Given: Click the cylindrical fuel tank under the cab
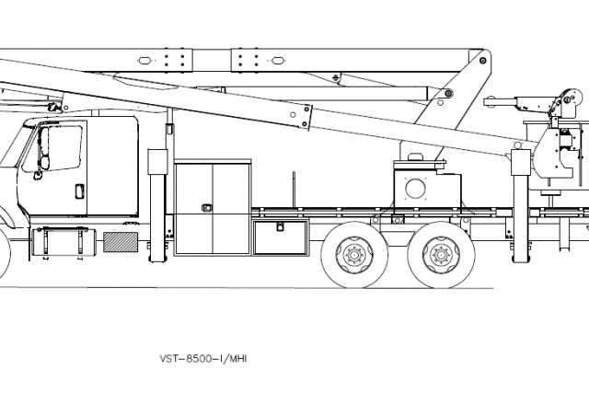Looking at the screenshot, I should pos(64,243).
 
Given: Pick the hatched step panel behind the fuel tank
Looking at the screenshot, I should pos(117,243).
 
